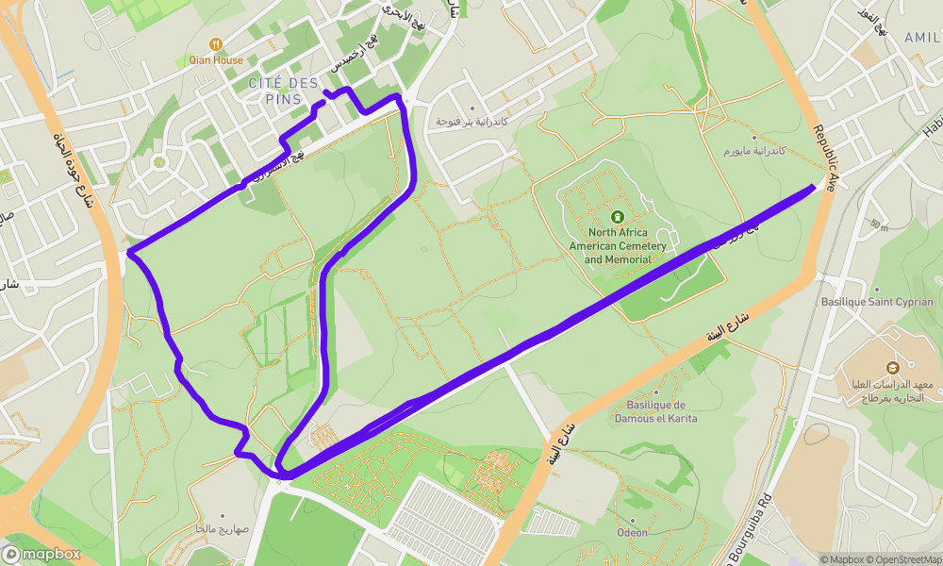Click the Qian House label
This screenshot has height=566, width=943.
pyautogui.click(x=216, y=59)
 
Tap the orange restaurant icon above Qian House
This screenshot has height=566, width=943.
pyautogui.click(x=216, y=43)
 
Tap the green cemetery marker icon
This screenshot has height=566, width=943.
pyautogui.click(x=618, y=216)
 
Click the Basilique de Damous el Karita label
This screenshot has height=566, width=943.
pyautogui.click(x=654, y=411)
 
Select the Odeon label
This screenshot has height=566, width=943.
pyautogui.click(x=633, y=532)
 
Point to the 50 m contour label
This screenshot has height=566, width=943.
pyautogui.click(x=879, y=225)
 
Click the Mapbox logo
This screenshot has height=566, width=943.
pyautogui.click(x=41, y=555)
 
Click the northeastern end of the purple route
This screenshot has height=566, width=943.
pyautogui.click(x=813, y=188)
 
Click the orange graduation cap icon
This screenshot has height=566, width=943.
pyautogui.click(x=892, y=366)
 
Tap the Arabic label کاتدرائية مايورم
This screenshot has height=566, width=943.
pyautogui.click(x=754, y=151)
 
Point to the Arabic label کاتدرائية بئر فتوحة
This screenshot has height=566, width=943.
pyautogui.click(x=471, y=123)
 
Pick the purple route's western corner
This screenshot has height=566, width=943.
pyautogui.click(x=129, y=252)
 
